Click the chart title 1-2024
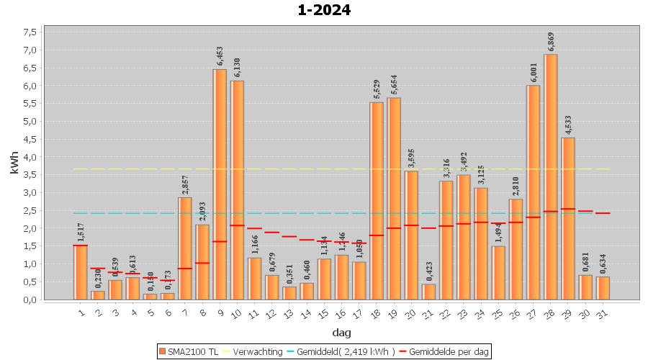(x=323, y=10)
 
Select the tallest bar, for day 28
(x=551, y=176)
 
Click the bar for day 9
(x=220, y=184)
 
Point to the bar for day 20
(x=411, y=235)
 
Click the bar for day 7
(x=185, y=248)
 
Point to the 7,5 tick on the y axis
(x=30, y=32)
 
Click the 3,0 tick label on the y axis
(x=30, y=193)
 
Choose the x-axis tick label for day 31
(x=603, y=312)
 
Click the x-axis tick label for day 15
(x=324, y=312)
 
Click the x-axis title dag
(x=341, y=333)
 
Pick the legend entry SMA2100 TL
(x=189, y=351)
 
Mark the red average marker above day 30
(x=585, y=211)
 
